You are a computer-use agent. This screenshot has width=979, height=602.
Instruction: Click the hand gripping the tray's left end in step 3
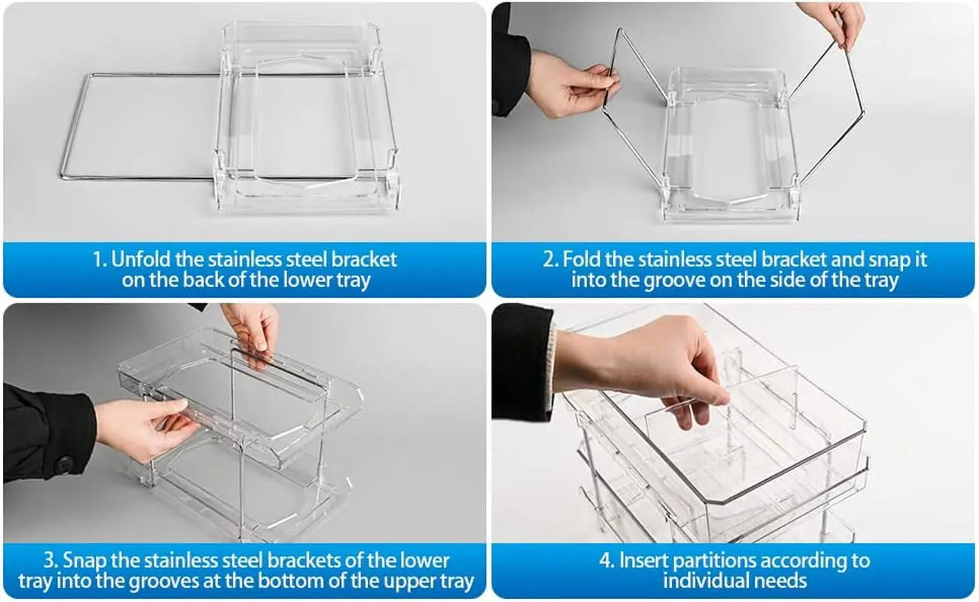[x=143, y=429]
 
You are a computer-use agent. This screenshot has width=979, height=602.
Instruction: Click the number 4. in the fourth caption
[x=606, y=561]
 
